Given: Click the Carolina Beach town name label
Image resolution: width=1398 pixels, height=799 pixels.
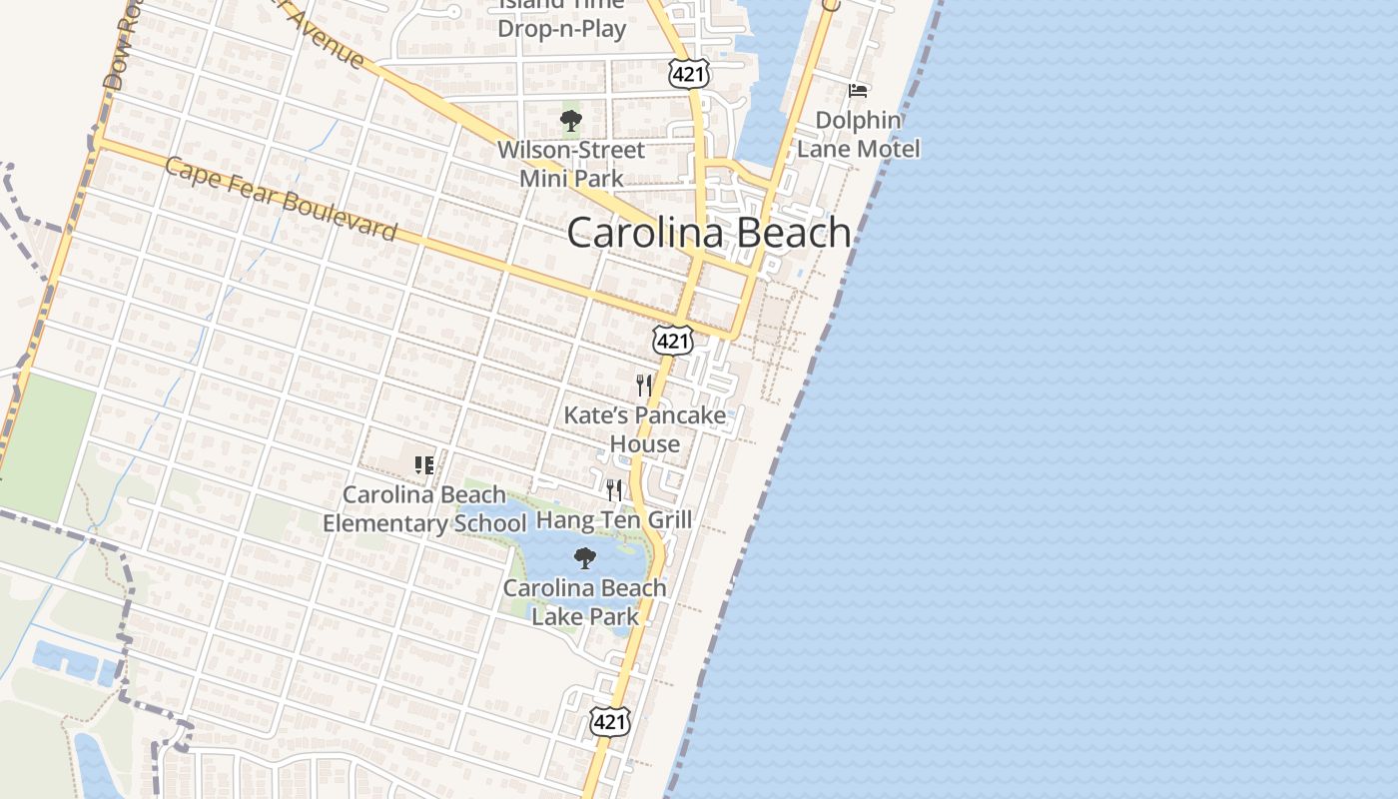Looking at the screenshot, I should pos(709,233).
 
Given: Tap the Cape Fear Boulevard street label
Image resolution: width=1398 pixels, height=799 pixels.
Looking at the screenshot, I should pos(281,200).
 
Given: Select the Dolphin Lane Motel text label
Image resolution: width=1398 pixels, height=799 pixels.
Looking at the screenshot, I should pos(858,134).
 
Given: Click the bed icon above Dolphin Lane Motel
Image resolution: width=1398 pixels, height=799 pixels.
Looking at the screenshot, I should pos(858,91).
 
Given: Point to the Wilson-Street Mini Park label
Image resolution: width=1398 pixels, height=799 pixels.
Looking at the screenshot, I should pos(571,164).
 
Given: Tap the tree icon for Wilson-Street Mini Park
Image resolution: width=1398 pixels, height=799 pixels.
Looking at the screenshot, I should pos(571,122).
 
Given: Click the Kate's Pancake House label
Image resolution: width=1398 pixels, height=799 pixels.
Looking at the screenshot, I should pos(645,429).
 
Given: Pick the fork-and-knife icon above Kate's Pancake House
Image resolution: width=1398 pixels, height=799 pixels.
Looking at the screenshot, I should pos(644,385).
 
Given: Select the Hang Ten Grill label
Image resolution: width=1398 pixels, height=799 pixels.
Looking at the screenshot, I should pos(614,519).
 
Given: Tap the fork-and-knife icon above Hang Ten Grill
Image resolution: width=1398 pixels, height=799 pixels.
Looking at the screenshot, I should pos(614,489).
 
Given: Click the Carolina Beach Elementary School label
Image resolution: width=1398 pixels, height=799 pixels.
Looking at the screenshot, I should pos(424,509).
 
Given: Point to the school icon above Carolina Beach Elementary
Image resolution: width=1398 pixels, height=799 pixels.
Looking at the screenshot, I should pos(424,464).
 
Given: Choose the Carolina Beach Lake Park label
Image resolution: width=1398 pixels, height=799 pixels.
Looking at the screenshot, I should pos(585,601).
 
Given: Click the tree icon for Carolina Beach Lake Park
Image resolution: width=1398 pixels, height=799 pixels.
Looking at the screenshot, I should pos(585,558).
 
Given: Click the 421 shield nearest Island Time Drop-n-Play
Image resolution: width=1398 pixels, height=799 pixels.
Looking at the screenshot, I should pos(689,73).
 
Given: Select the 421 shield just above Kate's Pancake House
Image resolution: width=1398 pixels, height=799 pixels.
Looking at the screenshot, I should pos(673,341).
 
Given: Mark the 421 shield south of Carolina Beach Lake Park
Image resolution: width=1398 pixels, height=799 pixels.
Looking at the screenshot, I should pos(609,721).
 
